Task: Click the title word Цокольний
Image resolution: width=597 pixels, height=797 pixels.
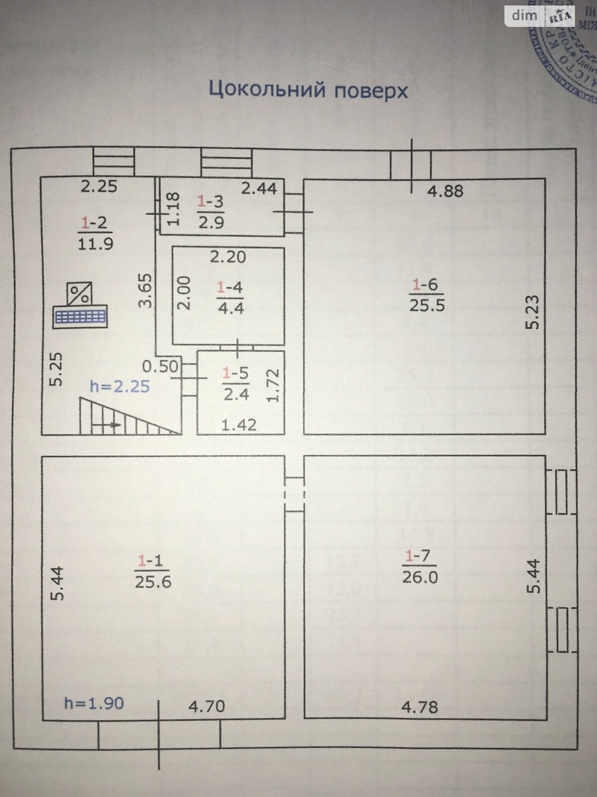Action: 267,90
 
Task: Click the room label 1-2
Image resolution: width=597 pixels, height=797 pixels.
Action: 95,223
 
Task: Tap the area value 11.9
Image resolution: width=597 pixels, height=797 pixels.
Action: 95,244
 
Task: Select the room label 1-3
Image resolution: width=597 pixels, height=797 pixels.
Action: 210,201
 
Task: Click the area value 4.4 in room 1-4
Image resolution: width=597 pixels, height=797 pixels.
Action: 230,308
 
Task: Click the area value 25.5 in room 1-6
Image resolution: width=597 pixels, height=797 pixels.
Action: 427,304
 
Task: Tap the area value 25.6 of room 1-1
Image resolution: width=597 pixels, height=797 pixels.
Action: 153,581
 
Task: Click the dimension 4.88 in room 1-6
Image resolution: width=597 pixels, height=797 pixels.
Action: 445,190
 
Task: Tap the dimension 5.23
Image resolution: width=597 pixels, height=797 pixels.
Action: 533,312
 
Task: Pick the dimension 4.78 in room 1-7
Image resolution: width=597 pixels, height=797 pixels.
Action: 420,706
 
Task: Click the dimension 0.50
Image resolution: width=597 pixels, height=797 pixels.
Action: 160,366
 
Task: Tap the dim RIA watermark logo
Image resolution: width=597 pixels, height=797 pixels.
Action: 540,15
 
